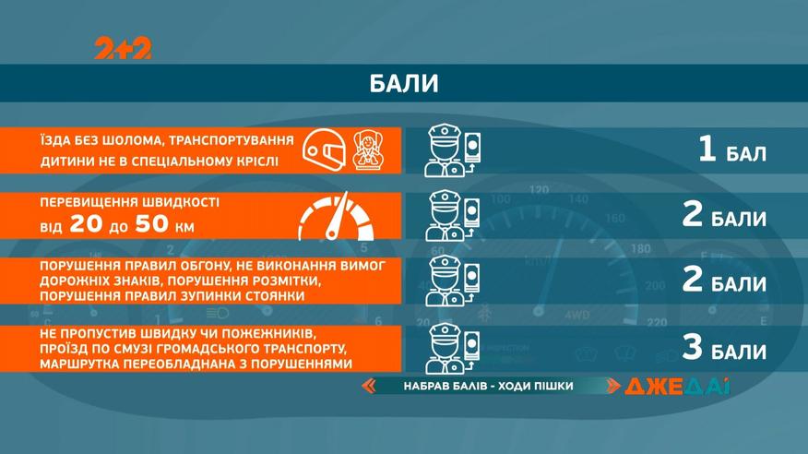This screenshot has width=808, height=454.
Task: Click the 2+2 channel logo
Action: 123,48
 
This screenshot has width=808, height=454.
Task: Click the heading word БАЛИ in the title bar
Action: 404,83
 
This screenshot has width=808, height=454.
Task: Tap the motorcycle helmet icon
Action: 324,150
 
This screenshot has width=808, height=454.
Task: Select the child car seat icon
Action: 367,150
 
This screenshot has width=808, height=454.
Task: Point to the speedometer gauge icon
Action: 336,217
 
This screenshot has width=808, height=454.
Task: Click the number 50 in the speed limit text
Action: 151,224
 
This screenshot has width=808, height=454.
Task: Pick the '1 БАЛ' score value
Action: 731,150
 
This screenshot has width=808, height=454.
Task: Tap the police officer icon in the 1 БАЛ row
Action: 453,150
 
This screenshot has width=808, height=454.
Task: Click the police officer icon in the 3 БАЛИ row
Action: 453,348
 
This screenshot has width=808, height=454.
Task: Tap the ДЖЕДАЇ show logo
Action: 677,387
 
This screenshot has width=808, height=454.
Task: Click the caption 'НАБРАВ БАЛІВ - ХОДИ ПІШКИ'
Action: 489,386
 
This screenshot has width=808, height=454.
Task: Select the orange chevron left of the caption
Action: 368,386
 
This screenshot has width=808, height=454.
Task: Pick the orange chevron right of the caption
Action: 612,386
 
